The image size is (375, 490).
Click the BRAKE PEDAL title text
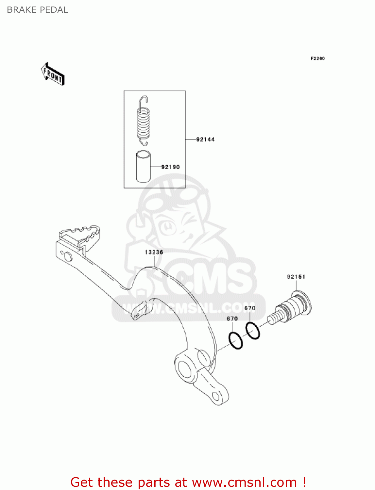point(37,10)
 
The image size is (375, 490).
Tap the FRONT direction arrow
point(53,74)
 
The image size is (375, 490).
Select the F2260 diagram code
point(317,58)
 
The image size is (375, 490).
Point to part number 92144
point(205,139)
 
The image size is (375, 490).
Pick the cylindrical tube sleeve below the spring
point(143,166)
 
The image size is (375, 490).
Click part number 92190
point(170,167)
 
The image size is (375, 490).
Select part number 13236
point(154,252)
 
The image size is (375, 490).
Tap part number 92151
point(296,277)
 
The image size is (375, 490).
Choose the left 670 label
point(232,318)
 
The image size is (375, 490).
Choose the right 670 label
point(250,308)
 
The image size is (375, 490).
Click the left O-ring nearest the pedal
point(236,340)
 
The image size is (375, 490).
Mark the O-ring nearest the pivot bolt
point(253,331)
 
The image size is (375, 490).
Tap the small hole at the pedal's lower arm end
point(216,396)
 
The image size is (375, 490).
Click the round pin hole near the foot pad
point(68,257)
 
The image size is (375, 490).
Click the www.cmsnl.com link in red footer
point(244,482)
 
